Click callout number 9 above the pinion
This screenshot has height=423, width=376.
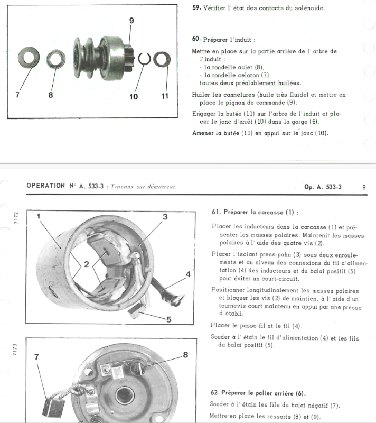131,21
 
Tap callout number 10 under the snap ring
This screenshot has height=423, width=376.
134,96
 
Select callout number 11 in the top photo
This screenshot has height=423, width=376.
165,96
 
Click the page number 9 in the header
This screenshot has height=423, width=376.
364,187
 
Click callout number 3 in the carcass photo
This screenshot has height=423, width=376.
165,217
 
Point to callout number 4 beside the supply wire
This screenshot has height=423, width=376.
188,274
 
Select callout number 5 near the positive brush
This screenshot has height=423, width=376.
168,319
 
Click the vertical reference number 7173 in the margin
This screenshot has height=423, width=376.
14,350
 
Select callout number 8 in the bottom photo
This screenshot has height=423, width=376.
185,355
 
